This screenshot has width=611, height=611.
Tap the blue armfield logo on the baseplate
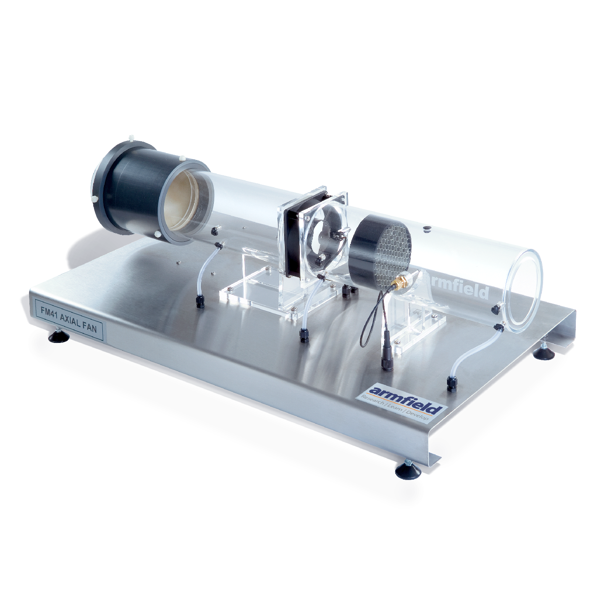(x=405, y=399)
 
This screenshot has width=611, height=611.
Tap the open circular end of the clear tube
(x=523, y=291)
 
